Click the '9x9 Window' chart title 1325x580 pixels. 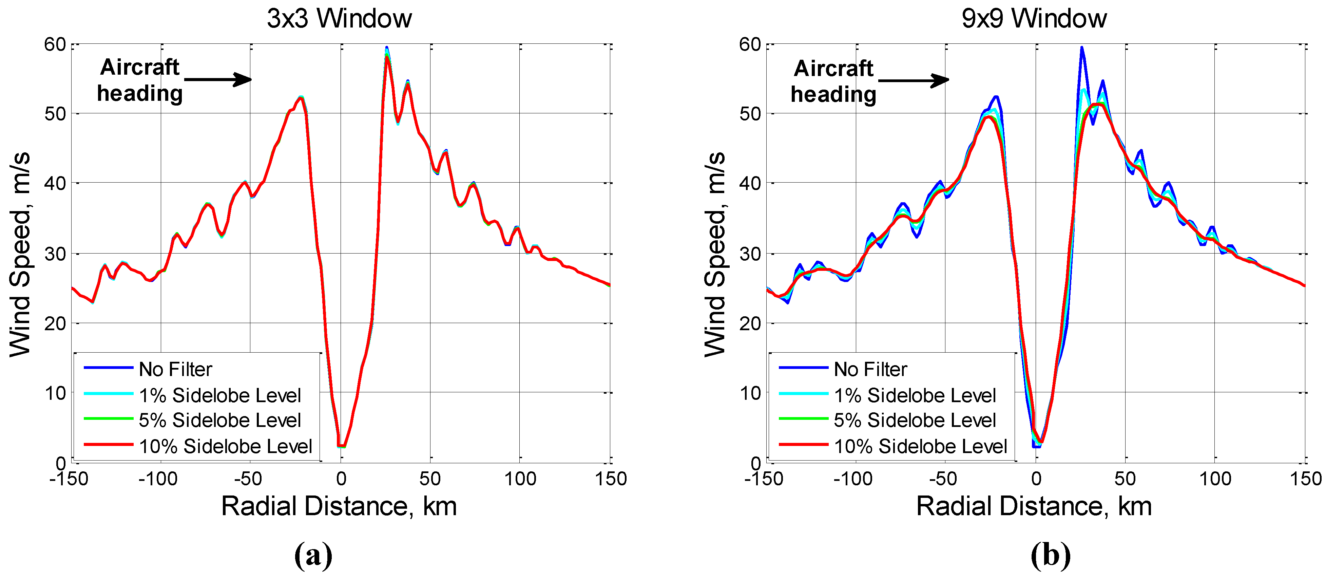(x=1034, y=19)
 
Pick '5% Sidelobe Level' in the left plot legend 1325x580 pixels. (x=219, y=420)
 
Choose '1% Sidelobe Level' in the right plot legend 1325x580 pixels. (x=915, y=395)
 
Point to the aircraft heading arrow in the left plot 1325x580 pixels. (x=218, y=79)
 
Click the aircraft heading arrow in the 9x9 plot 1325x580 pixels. (x=914, y=80)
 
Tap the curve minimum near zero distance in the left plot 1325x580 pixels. (x=341, y=445)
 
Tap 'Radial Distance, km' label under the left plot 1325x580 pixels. (x=339, y=506)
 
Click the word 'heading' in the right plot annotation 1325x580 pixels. (x=833, y=95)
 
